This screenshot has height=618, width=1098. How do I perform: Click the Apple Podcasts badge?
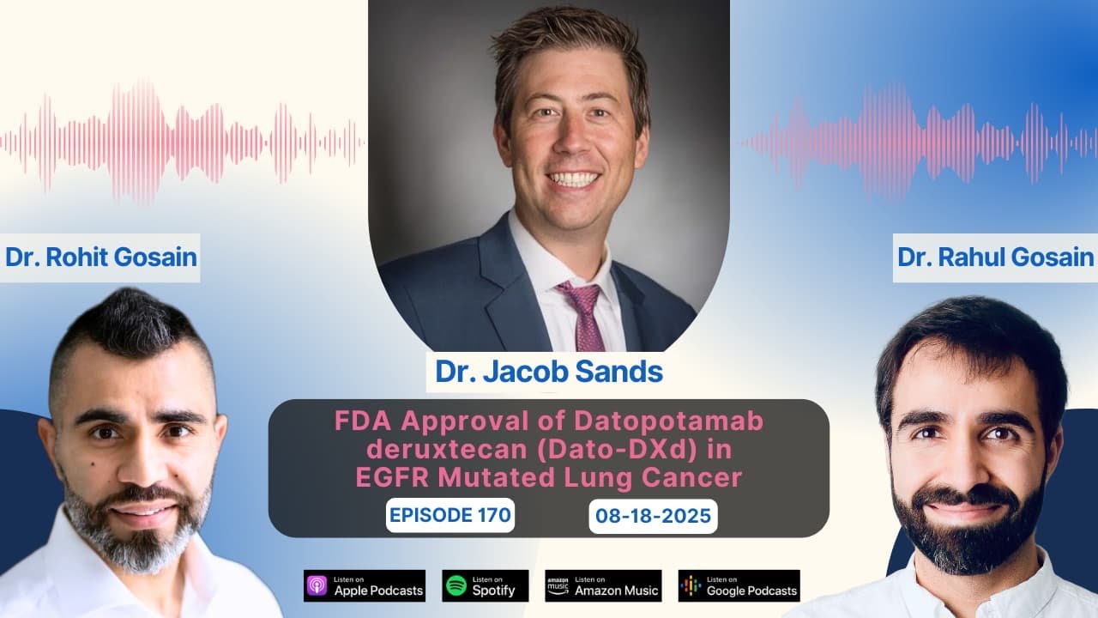(365, 585)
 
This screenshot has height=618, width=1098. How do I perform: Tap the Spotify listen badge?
(486, 585)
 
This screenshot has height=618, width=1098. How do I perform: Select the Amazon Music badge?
(603, 585)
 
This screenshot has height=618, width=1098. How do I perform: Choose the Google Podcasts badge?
(739, 585)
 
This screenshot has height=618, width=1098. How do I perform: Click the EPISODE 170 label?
(450, 515)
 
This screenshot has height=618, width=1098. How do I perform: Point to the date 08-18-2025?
(653, 517)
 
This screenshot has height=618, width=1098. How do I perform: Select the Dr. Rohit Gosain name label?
(101, 257)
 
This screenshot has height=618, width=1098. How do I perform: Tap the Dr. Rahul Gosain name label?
(995, 257)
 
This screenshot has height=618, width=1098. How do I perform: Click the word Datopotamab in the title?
(646, 423)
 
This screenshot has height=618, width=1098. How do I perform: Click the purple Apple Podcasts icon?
(317, 585)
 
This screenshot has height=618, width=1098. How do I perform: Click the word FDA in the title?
(359, 423)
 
